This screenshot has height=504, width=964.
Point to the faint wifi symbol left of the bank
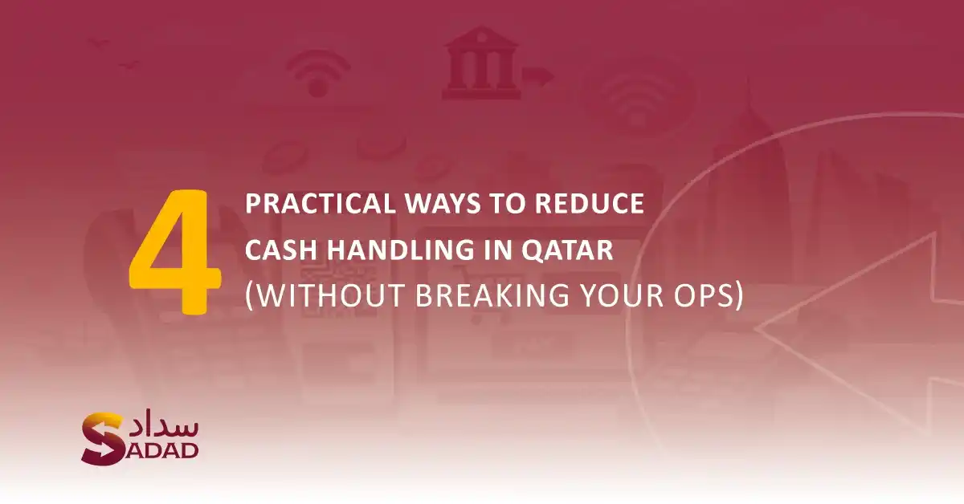(319, 73)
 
